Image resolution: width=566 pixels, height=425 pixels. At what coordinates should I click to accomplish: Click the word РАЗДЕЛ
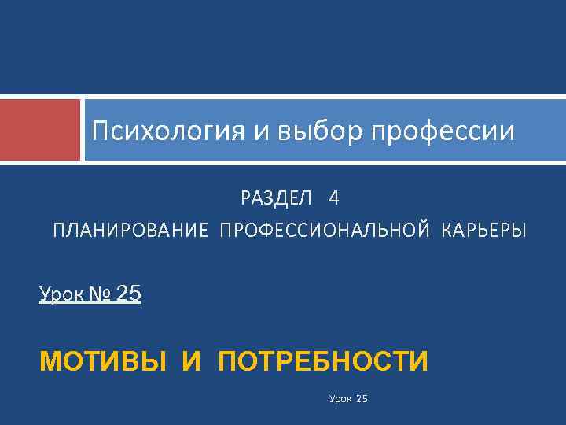pos(272,198)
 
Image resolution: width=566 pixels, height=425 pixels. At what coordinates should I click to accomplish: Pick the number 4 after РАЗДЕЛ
pos(335,198)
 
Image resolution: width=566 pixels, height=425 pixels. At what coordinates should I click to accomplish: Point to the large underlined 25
pos(128,294)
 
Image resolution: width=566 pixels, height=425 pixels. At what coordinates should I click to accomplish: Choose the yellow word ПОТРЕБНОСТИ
pos(323,362)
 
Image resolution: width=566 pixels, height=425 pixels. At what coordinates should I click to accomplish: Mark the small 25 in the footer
pos(362,400)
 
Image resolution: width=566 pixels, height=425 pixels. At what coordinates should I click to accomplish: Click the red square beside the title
pos(40,130)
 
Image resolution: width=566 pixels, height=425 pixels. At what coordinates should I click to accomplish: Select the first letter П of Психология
pos(99,131)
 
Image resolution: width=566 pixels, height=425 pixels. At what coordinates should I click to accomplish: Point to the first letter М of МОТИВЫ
pos(50,362)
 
